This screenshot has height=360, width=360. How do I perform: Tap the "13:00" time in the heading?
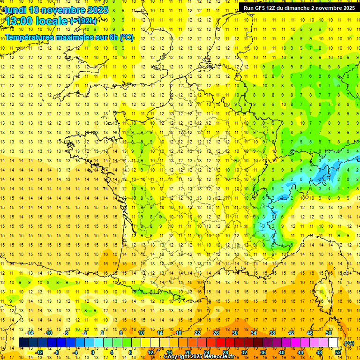(19, 22)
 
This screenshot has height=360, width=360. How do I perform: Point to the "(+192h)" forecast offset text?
(83, 21)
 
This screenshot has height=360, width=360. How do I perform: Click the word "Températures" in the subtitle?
(29, 37)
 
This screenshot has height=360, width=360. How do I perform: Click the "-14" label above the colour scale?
(30, 333)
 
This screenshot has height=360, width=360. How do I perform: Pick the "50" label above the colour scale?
(329, 333)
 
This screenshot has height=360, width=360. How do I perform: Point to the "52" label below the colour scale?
(338, 352)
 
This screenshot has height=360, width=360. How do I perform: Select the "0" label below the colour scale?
(93, 352)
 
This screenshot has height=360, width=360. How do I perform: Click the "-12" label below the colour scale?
(39, 352)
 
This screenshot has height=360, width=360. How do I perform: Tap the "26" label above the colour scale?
(216, 333)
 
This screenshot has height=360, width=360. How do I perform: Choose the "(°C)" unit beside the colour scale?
(349, 343)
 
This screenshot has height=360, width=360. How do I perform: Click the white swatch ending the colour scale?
(333, 343)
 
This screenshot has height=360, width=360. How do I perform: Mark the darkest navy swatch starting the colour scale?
(23, 343)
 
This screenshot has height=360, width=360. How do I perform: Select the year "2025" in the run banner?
(347, 8)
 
